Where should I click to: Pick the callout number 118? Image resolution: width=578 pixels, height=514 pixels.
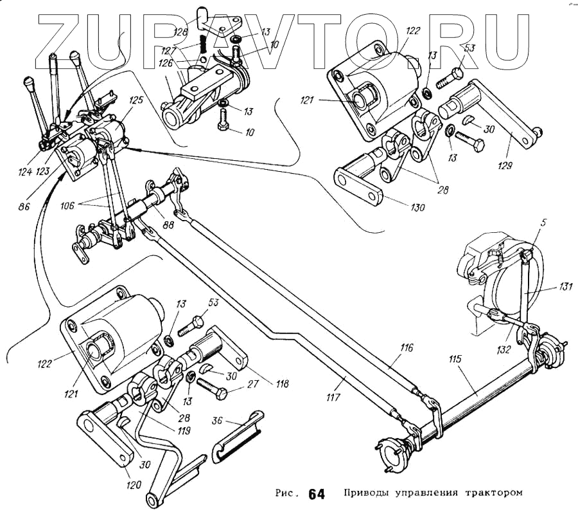pyautogui.click(x=281, y=385)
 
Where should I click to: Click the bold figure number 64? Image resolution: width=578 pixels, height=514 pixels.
pyautogui.click(x=316, y=494)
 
